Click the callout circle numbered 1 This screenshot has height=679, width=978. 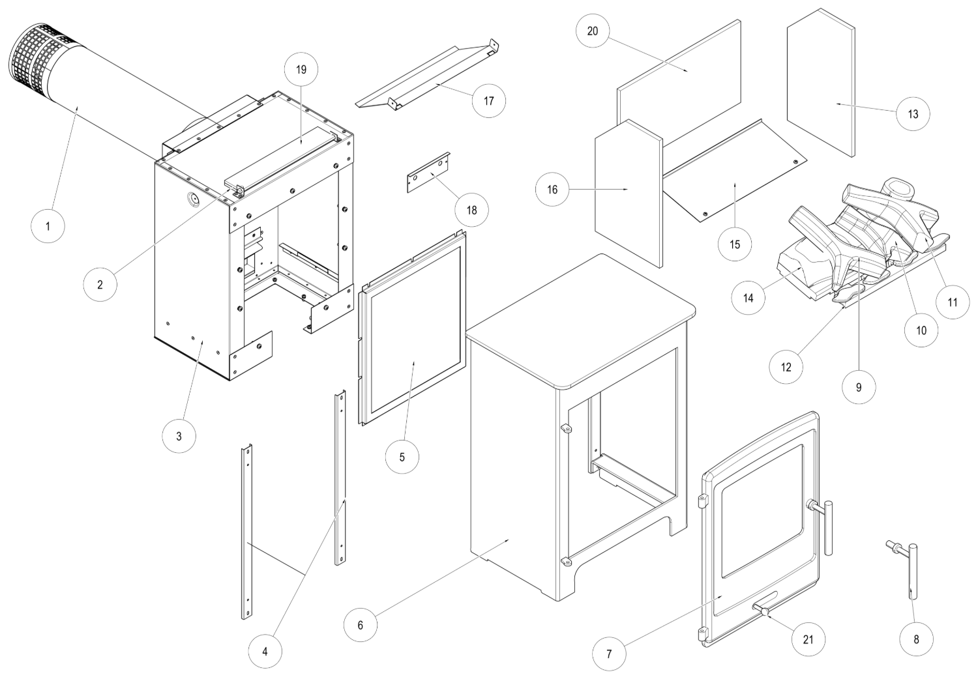click(48, 227)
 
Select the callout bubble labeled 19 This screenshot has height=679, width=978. click(301, 70)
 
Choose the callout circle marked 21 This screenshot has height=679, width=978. click(808, 639)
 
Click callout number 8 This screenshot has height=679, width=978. click(916, 639)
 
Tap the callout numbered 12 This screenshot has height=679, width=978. click(786, 367)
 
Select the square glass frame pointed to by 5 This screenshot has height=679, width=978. click(412, 329)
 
